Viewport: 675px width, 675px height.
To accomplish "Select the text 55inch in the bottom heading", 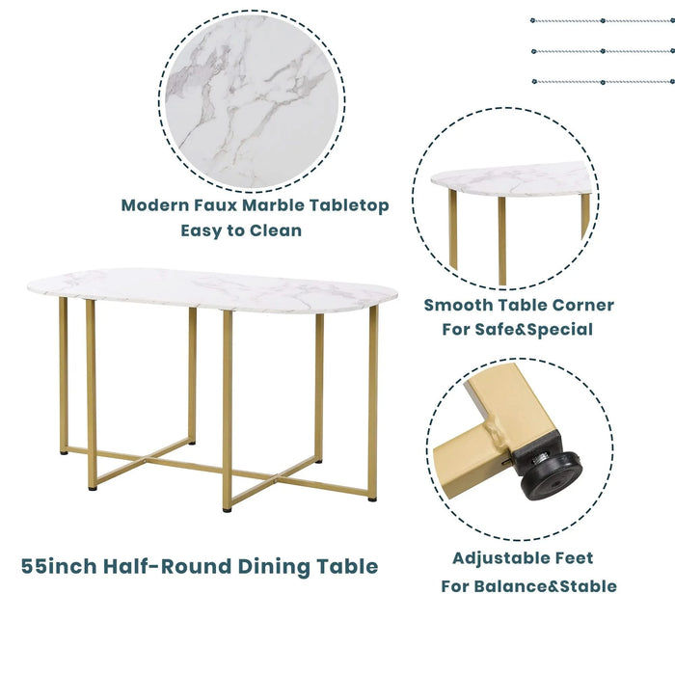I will (59, 566).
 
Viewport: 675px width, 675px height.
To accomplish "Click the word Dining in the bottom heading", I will (277, 566).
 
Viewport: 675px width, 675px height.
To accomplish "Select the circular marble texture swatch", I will (255, 100).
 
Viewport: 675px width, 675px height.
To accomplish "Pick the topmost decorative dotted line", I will (602, 20).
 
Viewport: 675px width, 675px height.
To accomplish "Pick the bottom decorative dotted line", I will (602, 82).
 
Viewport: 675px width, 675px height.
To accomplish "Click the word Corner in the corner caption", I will (576, 305).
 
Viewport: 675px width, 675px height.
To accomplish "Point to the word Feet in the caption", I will (573, 558).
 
